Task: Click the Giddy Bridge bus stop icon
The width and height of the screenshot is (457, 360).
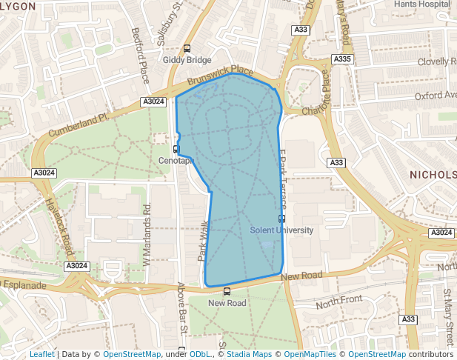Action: click(187, 48)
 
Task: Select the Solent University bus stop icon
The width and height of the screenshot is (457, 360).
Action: click(281, 219)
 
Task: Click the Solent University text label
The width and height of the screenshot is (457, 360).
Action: click(281, 230)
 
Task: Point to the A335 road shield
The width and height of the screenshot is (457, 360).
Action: click(342, 59)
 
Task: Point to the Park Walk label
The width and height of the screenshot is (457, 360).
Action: click(203, 241)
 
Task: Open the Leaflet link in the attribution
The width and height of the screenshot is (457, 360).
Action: click(41, 355)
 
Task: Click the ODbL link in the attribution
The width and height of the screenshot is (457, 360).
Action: click(201, 355)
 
